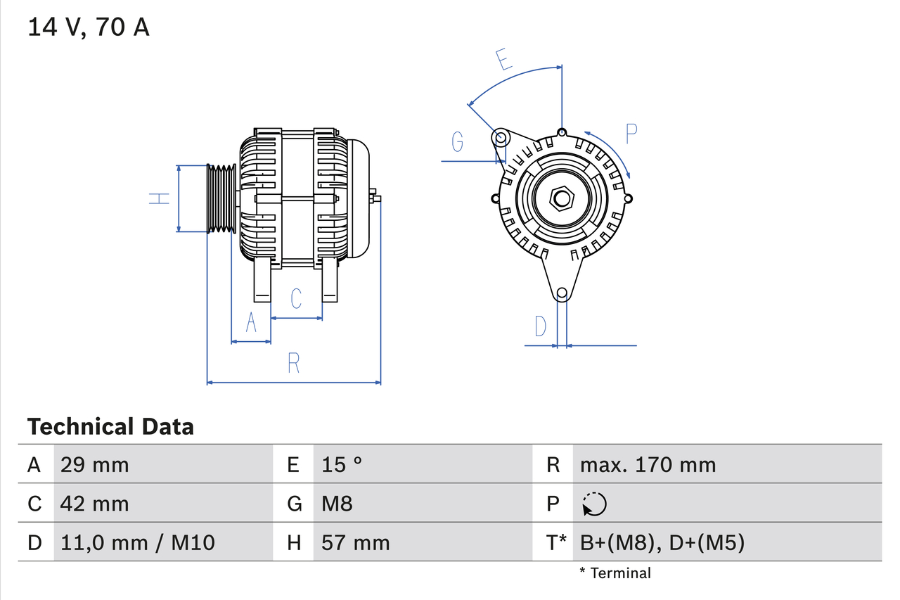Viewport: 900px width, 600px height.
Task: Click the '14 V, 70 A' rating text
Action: click(x=89, y=27)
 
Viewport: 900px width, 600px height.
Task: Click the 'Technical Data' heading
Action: click(x=110, y=426)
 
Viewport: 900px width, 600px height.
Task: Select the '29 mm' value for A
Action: click(x=94, y=464)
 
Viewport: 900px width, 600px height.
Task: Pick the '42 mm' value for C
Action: click(x=94, y=504)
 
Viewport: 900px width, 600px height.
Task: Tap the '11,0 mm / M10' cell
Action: click(x=137, y=542)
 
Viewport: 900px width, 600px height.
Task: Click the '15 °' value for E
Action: click(x=342, y=464)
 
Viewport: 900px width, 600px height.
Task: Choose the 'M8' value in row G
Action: click(x=337, y=504)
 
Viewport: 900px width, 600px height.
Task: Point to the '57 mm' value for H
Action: click(x=355, y=542)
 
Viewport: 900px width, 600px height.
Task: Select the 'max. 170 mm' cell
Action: click(x=648, y=464)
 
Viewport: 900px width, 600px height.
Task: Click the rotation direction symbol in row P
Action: click(x=594, y=504)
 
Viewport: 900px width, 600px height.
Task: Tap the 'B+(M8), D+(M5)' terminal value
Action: click(x=662, y=542)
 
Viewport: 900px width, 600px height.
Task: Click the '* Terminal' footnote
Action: click(x=615, y=573)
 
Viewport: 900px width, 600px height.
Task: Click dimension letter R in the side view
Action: click(x=294, y=363)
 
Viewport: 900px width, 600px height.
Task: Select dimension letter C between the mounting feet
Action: click(x=296, y=298)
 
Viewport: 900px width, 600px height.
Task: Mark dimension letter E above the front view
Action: click(x=503, y=60)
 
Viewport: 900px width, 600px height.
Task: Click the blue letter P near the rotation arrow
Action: click(x=631, y=133)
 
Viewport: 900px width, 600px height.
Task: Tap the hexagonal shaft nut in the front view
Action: click(x=561, y=198)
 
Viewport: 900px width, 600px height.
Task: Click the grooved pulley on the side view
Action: click(x=220, y=198)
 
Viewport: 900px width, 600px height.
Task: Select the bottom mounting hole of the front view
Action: click(x=561, y=293)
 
